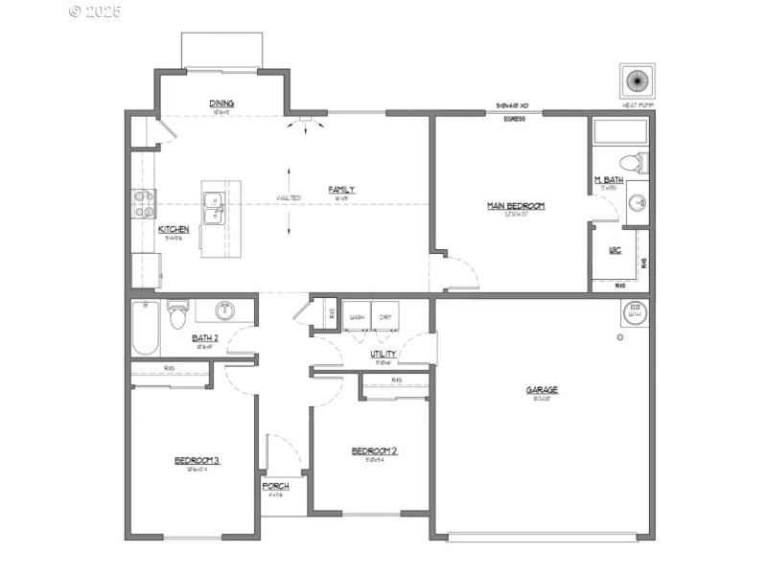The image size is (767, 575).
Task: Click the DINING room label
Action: [221, 103]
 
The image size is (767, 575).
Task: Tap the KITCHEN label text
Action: [174, 230]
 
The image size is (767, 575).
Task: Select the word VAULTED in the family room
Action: [289, 198]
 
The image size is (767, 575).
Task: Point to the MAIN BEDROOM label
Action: [516, 206]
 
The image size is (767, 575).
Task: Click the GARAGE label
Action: [542, 390]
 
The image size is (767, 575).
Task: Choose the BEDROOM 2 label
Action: [374, 451]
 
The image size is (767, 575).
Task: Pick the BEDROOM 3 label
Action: [197, 461]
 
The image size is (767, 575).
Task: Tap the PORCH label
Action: [276, 487]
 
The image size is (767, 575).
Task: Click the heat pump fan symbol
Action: [635, 80]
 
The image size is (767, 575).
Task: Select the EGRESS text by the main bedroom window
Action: [514, 119]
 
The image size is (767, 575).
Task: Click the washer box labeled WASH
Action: [358, 317]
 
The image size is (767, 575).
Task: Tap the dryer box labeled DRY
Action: [385, 317]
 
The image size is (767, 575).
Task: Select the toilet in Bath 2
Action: [177, 314]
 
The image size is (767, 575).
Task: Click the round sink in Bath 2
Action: [225, 310]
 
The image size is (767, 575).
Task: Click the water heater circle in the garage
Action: [635, 311]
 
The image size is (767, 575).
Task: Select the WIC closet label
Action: [616, 251]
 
